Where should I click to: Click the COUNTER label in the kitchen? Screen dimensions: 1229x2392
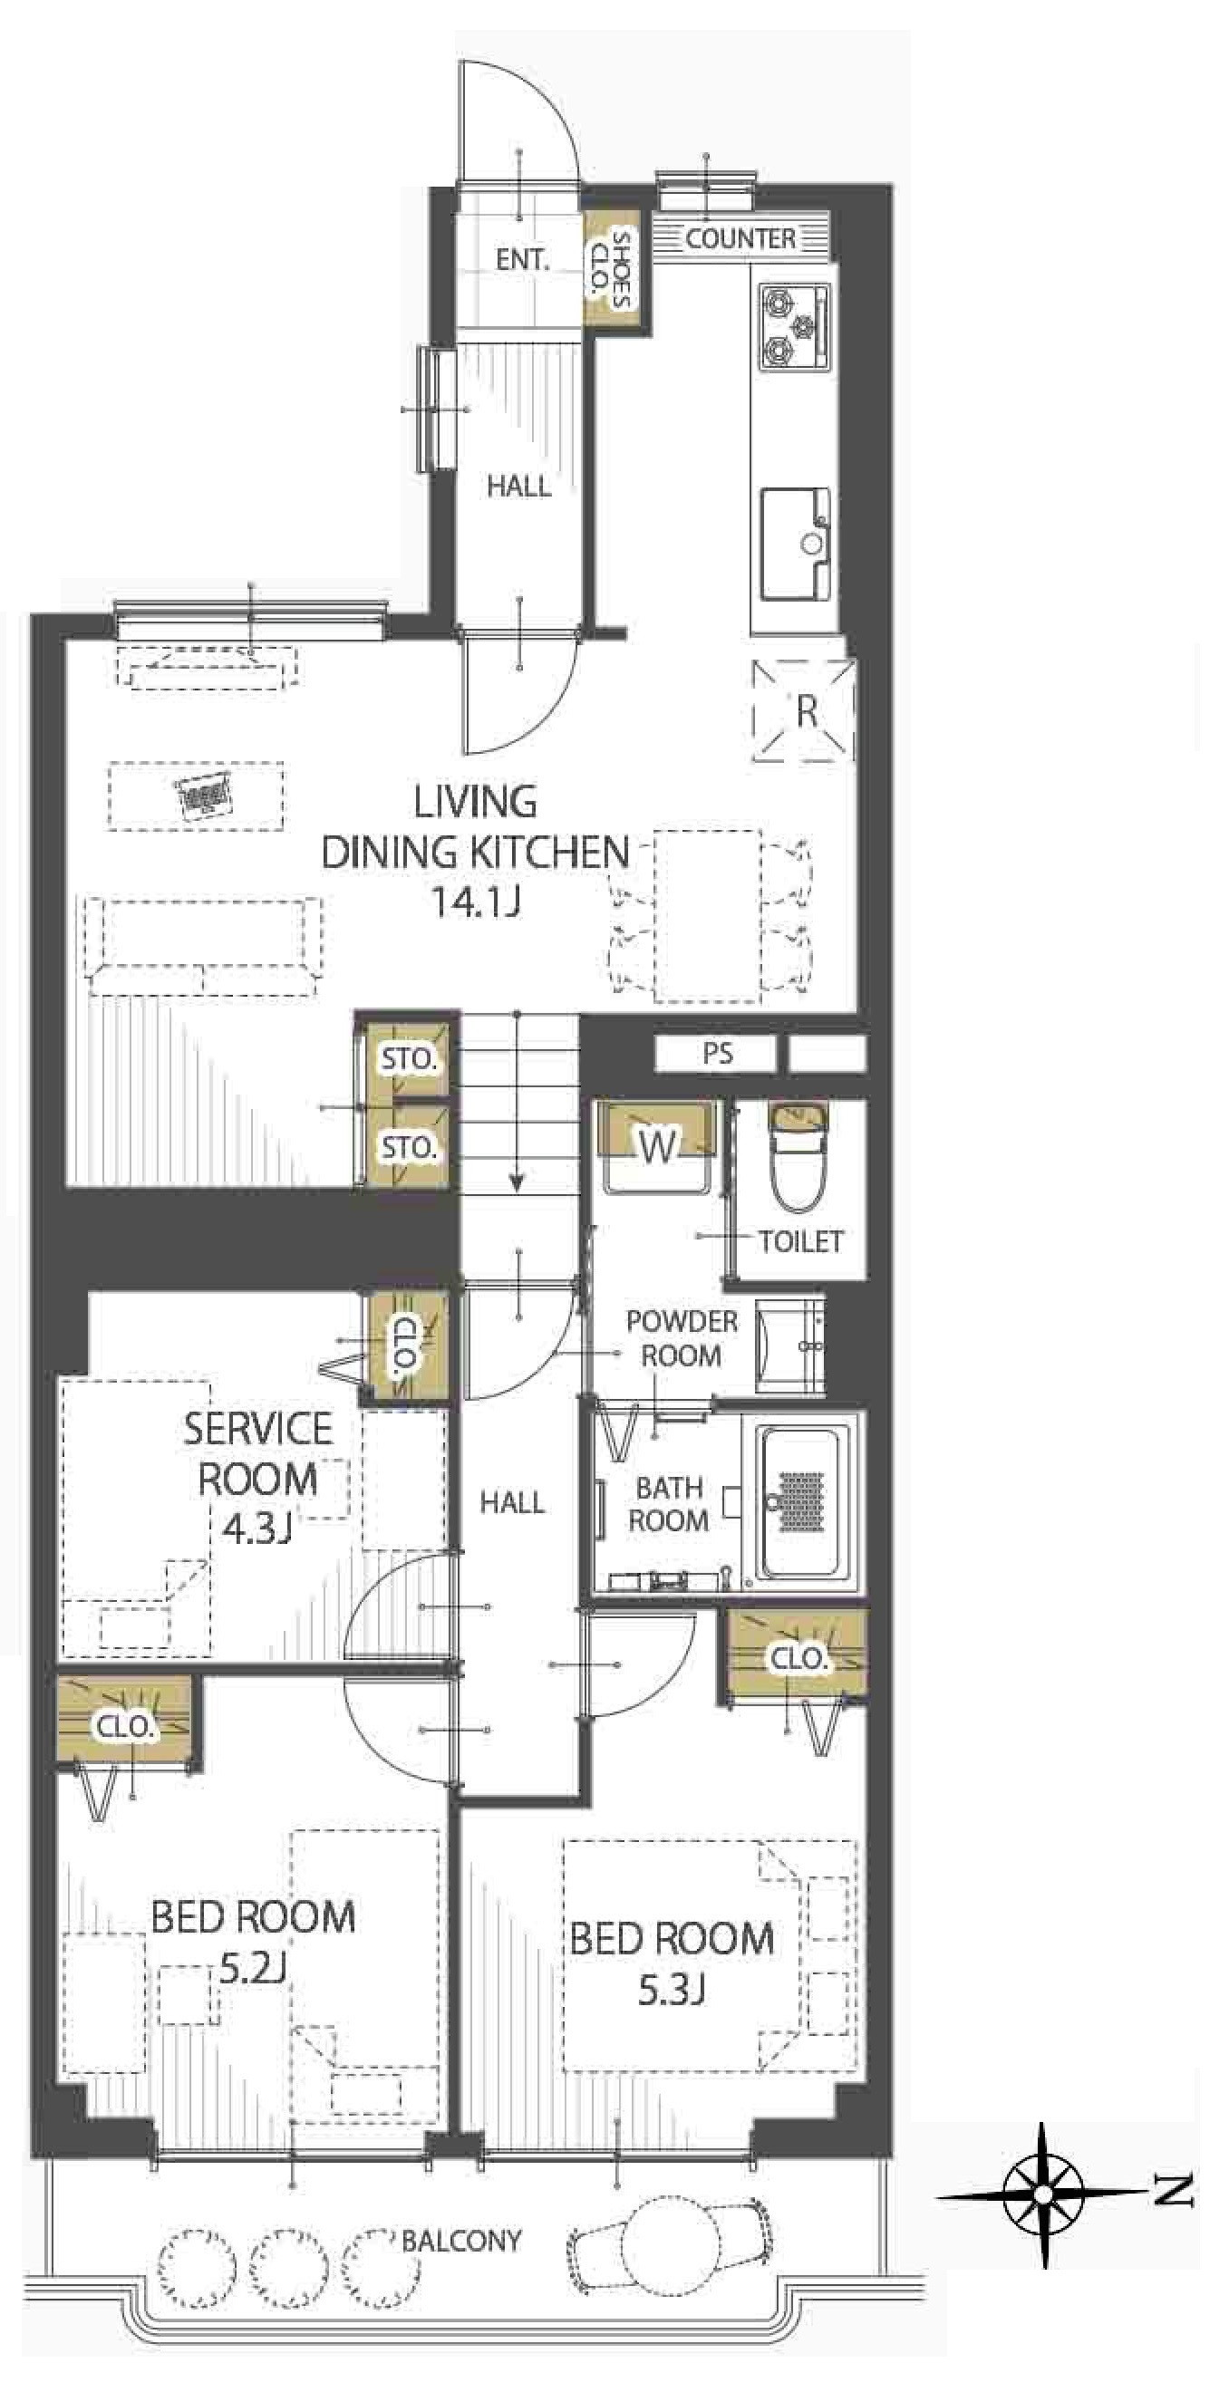pos(740,238)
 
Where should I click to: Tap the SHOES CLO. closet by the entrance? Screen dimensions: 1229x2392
pos(611,269)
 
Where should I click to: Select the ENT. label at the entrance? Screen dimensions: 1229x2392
pos(522,260)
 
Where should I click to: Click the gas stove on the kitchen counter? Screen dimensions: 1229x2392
pos(795,328)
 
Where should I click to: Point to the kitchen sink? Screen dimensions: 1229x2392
pos(797,545)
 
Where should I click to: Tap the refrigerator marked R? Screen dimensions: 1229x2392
pos(804,711)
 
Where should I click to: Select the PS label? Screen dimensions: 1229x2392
pos(717,1054)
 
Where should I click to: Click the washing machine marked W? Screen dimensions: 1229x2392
pos(658,1147)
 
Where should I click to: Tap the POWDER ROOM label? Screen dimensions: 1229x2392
pos(682,1338)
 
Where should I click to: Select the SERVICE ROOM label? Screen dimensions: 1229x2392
pos(257,1454)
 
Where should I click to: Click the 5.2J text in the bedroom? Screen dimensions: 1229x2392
pos(252,1993)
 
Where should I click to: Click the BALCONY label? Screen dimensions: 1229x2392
pos(461,2241)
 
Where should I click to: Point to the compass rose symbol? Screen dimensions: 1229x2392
pos(1042,2194)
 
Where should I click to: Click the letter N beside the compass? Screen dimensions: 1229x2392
pos(1176,2193)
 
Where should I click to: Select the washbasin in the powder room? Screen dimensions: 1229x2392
pos(789,1345)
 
